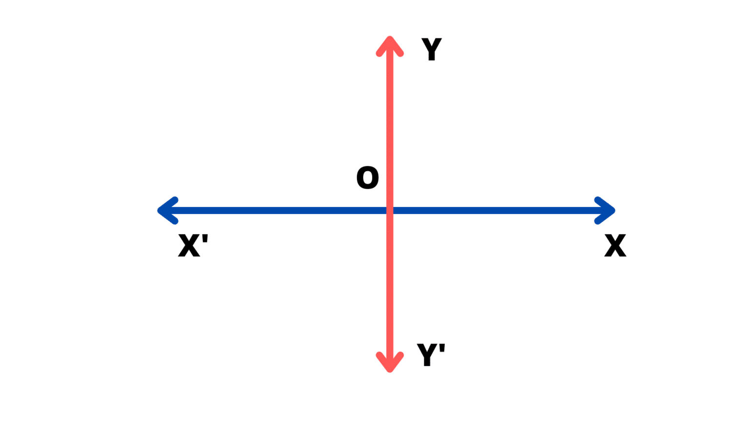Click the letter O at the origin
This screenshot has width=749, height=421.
point(368,177)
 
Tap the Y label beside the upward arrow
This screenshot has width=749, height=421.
point(432,49)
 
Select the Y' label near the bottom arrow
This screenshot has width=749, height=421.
point(431,354)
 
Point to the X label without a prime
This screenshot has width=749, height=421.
point(615,245)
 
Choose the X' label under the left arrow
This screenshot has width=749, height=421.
point(192,245)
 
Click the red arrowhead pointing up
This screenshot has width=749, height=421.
point(390,44)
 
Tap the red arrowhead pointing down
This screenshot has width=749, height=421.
point(390,364)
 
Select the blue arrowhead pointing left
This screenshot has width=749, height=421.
point(166,210)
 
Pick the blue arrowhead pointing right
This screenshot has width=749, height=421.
point(607,210)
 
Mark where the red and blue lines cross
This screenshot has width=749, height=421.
point(390,210)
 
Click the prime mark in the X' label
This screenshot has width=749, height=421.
point(205,238)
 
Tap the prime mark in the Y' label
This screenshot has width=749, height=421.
point(442,348)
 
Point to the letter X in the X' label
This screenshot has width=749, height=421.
point(189,245)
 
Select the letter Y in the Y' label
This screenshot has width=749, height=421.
point(427,355)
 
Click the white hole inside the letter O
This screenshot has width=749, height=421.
point(368,177)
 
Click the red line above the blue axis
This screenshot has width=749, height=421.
point(390,122)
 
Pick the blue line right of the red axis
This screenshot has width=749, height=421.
point(497,210)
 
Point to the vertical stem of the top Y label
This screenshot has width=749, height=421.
point(432,55)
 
